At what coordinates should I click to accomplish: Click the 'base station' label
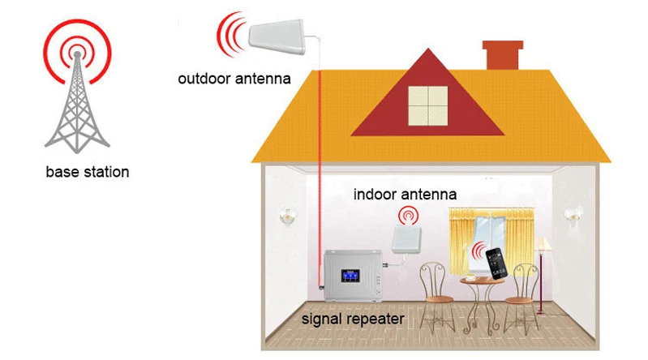(x=88, y=172)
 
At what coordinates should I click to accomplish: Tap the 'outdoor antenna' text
(x=234, y=79)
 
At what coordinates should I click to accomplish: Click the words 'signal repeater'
(x=353, y=319)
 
